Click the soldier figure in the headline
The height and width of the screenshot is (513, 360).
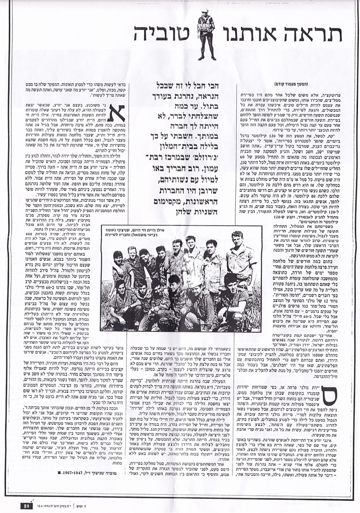[207, 35]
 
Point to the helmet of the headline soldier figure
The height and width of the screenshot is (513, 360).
[207, 13]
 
